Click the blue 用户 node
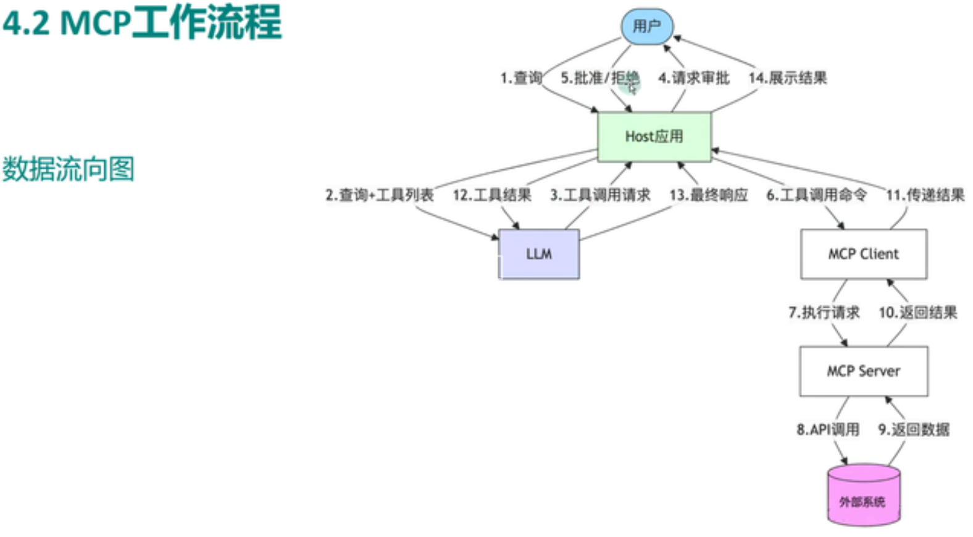click(x=646, y=27)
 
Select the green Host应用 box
click(x=654, y=137)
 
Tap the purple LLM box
click(x=538, y=254)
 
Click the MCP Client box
click(x=863, y=254)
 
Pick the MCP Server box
click(x=863, y=371)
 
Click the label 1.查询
click(x=521, y=78)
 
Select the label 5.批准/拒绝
click(x=599, y=78)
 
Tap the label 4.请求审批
click(x=693, y=78)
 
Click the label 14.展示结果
click(x=787, y=78)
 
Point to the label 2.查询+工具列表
click(x=379, y=195)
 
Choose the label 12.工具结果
click(x=491, y=195)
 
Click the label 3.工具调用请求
click(x=599, y=195)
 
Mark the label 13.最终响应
click(x=708, y=195)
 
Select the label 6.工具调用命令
click(x=816, y=195)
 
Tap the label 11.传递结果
click(x=925, y=195)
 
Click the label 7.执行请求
click(x=824, y=313)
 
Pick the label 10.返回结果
click(x=917, y=313)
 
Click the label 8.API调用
click(x=827, y=429)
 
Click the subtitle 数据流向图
click(x=69, y=169)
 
